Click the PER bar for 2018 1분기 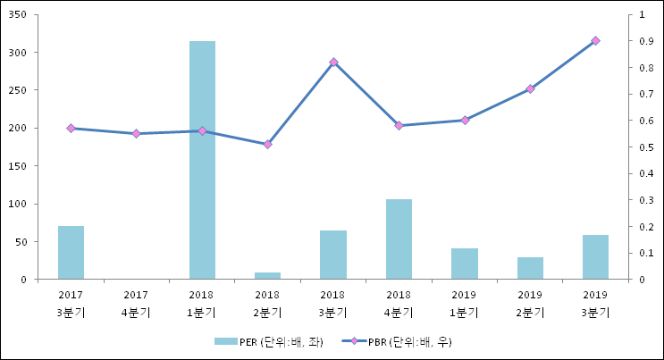[202, 161]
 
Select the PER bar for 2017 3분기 [71, 253]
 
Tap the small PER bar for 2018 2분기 [267, 275]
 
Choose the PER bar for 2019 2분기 [530, 268]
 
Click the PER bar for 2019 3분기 [595, 257]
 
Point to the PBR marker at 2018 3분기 [333, 62]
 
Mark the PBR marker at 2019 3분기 [595, 41]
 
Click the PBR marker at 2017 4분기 [136, 133]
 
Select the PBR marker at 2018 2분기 [267, 144]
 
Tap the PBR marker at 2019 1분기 [465, 120]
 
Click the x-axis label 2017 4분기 [136, 304]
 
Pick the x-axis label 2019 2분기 [530, 304]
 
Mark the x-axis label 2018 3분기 [333, 304]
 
